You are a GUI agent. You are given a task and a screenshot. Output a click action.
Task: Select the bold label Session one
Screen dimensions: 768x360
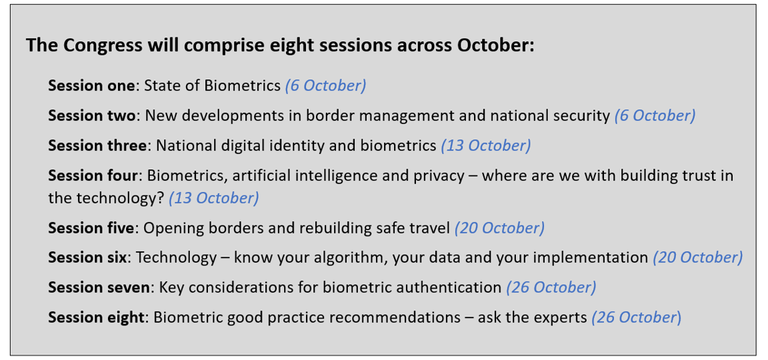tap(91, 86)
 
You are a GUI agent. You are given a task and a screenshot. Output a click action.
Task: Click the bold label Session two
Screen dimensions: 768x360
tap(91, 115)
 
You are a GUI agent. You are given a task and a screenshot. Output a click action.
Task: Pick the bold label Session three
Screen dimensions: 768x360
tap(97, 145)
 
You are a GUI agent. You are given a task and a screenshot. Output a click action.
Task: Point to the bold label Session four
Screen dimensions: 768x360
tap(93, 175)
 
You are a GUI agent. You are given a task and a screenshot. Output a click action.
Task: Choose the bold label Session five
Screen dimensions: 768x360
tap(91, 228)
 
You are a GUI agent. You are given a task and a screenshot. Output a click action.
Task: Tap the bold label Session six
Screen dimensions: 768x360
tap(87, 257)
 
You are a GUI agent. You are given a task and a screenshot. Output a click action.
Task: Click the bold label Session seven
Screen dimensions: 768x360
tap(99, 287)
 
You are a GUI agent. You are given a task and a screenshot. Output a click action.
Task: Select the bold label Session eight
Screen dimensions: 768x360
tap(97, 317)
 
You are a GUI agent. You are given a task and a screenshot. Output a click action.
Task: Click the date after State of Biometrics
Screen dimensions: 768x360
tap(326, 86)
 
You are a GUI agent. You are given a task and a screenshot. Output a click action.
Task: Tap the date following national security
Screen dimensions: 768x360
tap(655, 116)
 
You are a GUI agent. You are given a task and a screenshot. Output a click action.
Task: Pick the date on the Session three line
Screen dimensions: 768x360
tap(485, 146)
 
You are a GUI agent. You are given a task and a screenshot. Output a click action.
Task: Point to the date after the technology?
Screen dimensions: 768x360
tap(213, 199)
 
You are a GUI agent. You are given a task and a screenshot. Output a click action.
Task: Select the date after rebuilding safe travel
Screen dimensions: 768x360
tap(499, 229)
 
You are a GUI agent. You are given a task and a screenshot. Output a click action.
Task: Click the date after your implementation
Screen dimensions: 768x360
tap(697, 258)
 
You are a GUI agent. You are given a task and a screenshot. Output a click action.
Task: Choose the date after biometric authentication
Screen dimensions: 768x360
tap(551, 288)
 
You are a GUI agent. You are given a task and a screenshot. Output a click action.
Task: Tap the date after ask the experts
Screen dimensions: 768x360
tap(636, 318)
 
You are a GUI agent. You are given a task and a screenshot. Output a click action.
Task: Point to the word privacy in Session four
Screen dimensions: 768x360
tap(437, 176)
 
